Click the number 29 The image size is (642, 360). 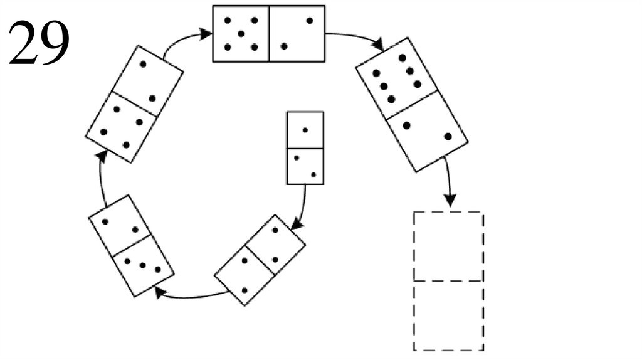[x=38, y=42]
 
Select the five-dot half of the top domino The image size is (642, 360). [x=241, y=34]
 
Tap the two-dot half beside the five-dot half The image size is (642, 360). [x=297, y=34]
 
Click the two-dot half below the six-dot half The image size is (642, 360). [x=427, y=130]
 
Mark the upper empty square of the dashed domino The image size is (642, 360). [x=448, y=246]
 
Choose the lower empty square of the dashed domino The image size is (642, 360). [x=448, y=315]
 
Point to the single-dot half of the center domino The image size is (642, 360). [x=305, y=130]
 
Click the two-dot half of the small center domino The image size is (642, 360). [x=305, y=166]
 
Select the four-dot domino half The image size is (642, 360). [x=121, y=128]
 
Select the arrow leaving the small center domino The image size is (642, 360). [x=303, y=207]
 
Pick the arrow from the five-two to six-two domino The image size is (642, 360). [x=357, y=38]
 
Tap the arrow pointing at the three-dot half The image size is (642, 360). [x=188, y=295]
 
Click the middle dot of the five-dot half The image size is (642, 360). [x=241, y=34]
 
